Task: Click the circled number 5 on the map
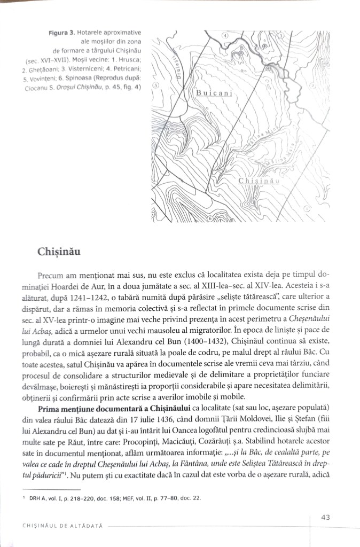[155, 85]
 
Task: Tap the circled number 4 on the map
[225, 36]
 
